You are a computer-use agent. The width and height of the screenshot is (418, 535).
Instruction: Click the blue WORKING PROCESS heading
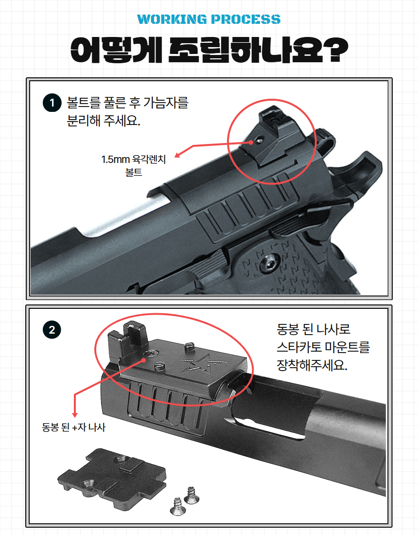[x=209, y=19]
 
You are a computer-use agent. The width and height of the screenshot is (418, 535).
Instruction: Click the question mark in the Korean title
[x=336, y=50]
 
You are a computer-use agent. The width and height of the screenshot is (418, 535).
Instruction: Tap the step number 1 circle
[x=52, y=103]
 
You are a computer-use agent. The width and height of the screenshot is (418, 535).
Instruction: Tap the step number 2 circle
[x=52, y=330]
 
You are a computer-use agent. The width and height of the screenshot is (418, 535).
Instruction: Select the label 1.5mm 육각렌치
[x=133, y=160]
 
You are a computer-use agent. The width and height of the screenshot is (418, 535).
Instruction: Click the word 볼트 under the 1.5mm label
[x=133, y=172]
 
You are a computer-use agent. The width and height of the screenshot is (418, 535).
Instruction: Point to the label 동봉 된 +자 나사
[x=74, y=427]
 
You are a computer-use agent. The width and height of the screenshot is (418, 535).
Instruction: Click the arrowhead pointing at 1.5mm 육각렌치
[x=177, y=155]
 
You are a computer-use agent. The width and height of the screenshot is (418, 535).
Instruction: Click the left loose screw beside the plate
[x=177, y=506]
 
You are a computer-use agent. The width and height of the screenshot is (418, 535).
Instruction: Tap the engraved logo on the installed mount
[x=205, y=363]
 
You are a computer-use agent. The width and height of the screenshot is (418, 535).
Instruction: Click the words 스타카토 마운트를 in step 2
[x=323, y=347]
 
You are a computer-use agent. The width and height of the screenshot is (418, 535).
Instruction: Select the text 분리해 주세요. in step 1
[x=104, y=121]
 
